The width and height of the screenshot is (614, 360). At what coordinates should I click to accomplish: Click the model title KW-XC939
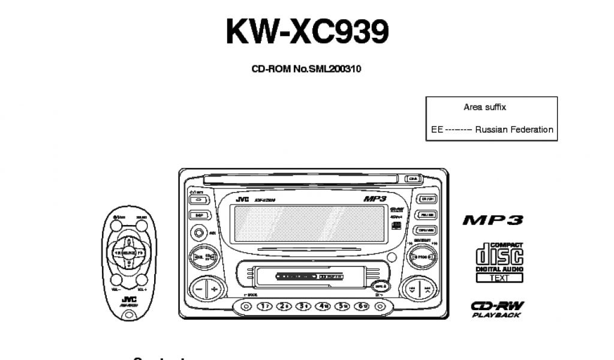306,31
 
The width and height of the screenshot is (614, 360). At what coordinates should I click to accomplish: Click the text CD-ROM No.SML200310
306,69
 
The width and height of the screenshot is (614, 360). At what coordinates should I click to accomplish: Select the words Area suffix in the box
484,107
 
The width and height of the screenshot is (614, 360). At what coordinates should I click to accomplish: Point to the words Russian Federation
514,130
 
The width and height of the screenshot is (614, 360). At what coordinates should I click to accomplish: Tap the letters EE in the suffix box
437,130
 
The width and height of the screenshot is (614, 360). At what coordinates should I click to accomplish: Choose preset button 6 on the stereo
362,306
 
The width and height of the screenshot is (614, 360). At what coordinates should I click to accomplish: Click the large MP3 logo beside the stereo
492,220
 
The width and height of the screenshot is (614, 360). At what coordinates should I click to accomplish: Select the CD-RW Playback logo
496,308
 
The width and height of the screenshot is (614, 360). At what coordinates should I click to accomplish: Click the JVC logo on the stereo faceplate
242,199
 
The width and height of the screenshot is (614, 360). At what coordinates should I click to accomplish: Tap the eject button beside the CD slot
413,178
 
